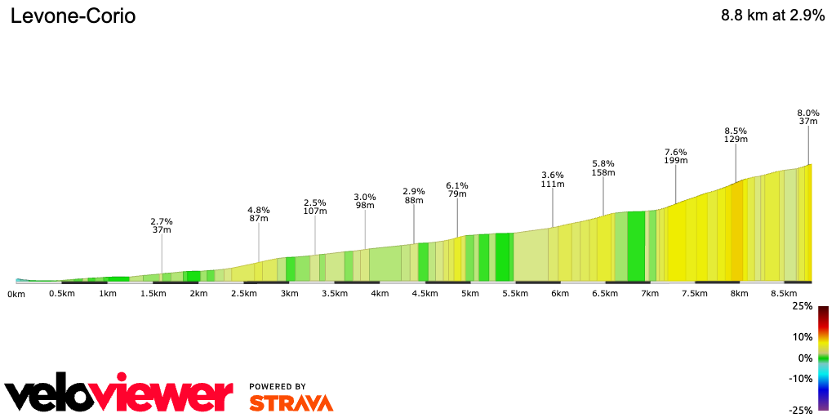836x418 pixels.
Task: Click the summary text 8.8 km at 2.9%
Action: [x=772, y=16]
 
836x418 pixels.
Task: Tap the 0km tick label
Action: [x=16, y=293]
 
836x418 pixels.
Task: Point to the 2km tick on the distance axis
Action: [x=197, y=293]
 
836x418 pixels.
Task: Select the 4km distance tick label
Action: [x=378, y=293]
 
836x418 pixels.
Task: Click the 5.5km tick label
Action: [x=514, y=293]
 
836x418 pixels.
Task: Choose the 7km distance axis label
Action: [x=649, y=293]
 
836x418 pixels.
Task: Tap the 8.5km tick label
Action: [x=784, y=293]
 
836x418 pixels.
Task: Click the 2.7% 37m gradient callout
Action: [x=162, y=225]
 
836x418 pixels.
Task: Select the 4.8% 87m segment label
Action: [x=259, y=214]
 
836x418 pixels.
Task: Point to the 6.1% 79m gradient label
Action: [x=457, y=189]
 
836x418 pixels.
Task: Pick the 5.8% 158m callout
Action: [x=603, y=168]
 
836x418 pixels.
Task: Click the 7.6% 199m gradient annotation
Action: [x=676, y=157]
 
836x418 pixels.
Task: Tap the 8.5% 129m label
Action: [x=736, y=135]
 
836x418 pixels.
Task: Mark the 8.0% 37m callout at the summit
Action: [x=808, y=117]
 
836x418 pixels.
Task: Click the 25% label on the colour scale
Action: [x=803, y=306]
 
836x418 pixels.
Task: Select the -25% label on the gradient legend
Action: [x=801, y=410]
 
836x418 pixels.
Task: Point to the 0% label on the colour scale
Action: [x=805, y=358]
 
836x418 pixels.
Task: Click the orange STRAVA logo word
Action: [x=291, y=402]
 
